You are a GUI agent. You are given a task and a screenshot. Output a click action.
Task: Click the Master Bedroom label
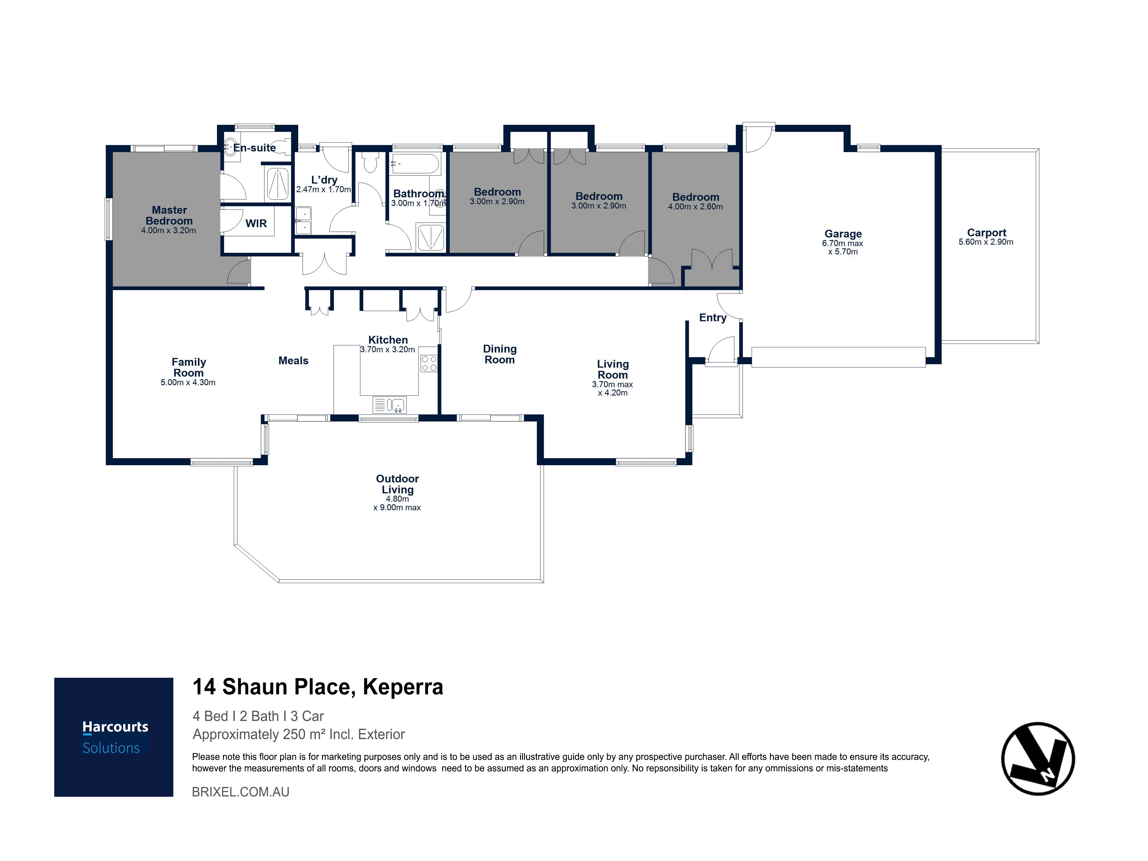tap(169, 215)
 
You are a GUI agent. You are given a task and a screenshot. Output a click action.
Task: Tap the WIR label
tap(256, 223)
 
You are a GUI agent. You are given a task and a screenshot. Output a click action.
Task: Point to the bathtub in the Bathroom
tap(416, 164)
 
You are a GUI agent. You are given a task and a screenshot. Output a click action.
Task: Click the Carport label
tap(986, 233)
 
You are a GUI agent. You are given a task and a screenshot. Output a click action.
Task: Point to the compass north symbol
tap(1038, 758)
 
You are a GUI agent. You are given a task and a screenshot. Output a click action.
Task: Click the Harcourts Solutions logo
tap(114, 737)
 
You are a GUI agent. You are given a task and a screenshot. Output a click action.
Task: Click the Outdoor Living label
tap(397, 484)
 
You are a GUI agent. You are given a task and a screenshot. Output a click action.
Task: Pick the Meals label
tap(293, 361)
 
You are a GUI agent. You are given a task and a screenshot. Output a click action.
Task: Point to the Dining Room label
tap(500, 354)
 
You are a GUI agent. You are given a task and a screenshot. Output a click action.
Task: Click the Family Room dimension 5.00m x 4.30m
tap(188, 382)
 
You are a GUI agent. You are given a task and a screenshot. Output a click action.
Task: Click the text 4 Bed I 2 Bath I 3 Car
tap(258, 716)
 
